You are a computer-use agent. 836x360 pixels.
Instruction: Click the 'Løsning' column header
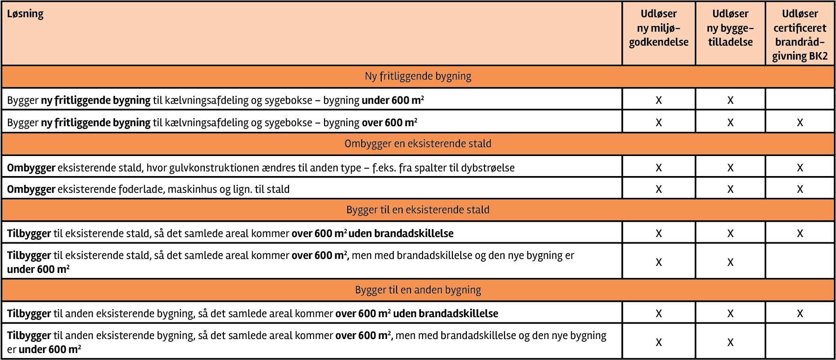[25, 14]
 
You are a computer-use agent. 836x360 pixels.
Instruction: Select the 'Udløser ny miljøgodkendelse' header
[659, 28]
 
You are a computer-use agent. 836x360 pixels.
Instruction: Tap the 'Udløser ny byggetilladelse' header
[730, 28]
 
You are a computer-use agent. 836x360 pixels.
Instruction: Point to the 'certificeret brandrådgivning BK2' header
[800, 35]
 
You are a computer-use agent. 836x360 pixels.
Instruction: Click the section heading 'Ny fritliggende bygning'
[418, 76]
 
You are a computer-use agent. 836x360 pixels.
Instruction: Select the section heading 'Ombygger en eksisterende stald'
[418, 144]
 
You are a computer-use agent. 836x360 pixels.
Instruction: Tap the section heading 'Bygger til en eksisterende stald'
[418, 210]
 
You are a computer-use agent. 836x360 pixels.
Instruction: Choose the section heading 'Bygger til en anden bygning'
[418, 290]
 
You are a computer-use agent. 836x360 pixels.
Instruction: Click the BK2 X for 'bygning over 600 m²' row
[800, 123]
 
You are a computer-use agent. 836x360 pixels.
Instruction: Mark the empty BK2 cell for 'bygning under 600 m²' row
[800, 100]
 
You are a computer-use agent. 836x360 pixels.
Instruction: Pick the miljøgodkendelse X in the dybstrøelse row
[659, 168]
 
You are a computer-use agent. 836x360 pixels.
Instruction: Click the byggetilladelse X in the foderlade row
[730, 190]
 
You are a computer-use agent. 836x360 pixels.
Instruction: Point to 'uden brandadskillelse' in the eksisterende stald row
[401, 234]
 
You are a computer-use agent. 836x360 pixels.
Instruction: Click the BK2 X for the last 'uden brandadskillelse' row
[800, 314]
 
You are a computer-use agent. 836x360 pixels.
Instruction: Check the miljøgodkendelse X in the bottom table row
[659, 343]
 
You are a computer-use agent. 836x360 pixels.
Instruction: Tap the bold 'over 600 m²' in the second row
[389, 123]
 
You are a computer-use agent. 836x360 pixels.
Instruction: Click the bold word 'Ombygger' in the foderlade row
[31, 190]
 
